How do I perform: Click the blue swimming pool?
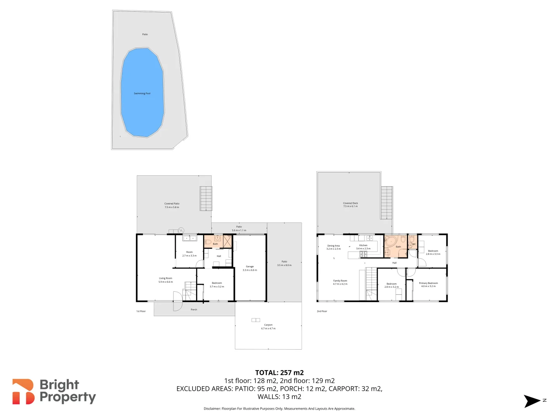click(142, 93)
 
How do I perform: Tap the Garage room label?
click(250, 267)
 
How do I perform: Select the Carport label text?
click(268, 325)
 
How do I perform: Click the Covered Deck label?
click(350, 203)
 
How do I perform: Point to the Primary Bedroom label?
click(428, 283)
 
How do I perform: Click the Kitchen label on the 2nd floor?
click(363, 245)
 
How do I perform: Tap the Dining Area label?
click(333, 246)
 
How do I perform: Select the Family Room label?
click(340, 281)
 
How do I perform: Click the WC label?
click(414, 244)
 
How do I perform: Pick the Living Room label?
click(165, 278)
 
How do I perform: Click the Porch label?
click(194, 310)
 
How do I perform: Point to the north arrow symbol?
click(532, 401)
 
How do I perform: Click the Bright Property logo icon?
click(23, 392)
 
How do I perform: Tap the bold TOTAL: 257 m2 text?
click(279, 373)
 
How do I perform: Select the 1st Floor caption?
click(141, 311)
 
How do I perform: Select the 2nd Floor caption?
click(322, 311)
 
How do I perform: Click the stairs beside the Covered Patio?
click(206, 198)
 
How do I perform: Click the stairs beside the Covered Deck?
click(387, 203)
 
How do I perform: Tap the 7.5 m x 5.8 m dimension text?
click(172, 207)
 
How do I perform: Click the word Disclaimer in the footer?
click(212, 409)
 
